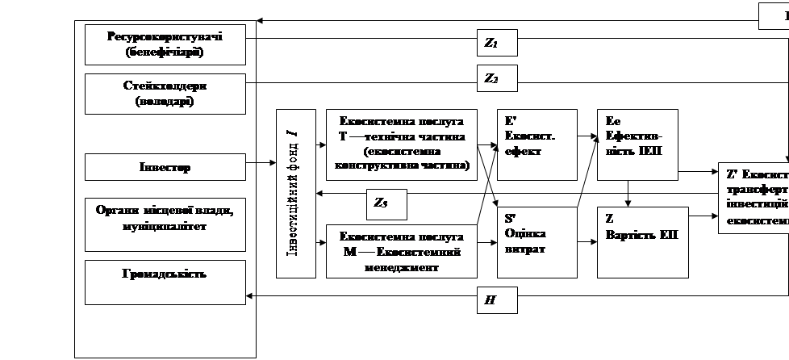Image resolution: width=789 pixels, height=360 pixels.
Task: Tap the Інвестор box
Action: click(165, 167)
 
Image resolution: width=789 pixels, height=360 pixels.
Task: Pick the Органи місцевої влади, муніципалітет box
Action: click(165, 217)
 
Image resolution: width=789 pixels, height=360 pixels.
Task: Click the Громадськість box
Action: click(165, 282)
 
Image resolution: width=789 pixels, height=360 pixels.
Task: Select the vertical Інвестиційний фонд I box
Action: click(296, 193)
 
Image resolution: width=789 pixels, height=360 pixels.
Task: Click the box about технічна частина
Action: click(401, 144)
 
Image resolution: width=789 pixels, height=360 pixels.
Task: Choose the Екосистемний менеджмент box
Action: click(401, 253)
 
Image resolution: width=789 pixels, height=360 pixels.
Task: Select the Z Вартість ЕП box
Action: click(642, 242)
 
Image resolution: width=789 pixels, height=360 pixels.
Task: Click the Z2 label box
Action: click(496, 78)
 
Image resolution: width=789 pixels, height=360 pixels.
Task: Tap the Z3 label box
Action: click(386, 205)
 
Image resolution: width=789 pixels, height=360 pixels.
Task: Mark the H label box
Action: click(496, 300)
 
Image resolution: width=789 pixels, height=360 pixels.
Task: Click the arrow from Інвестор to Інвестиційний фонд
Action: click(261, 164)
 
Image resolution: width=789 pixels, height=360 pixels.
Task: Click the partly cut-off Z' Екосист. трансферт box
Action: click(754, 198)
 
